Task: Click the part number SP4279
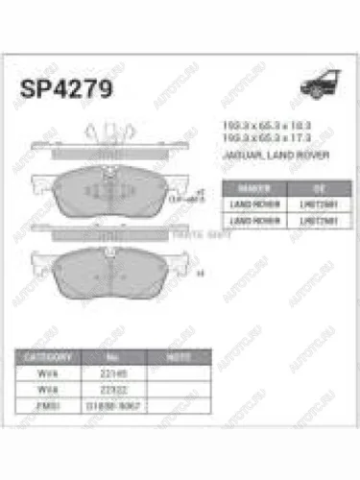64,90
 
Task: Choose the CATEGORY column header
48,355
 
